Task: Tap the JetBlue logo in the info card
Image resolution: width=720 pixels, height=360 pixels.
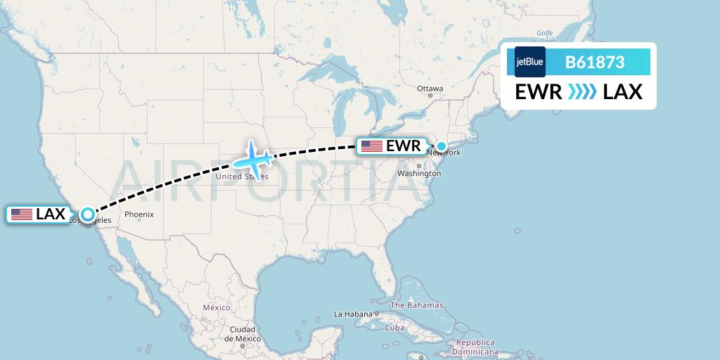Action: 529,62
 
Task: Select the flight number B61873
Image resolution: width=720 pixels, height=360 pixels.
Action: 595,62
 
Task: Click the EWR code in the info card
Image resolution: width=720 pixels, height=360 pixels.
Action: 538,91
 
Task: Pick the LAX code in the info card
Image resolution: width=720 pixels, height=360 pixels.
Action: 622,91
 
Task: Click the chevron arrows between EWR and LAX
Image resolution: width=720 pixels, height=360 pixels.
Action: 581,91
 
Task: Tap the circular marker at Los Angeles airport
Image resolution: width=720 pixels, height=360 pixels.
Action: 87,214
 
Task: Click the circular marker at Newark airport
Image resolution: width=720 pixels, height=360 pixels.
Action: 442,146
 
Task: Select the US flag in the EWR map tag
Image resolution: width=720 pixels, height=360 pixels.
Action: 372,146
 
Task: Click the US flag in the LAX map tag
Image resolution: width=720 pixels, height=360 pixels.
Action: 22,214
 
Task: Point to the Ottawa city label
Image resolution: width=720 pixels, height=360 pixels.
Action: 430,89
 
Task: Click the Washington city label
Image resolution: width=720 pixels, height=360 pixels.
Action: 415,172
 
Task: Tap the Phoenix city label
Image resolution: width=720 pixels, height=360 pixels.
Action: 139,214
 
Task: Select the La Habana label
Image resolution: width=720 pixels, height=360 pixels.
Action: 354,314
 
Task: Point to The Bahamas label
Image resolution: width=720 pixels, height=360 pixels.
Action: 417,305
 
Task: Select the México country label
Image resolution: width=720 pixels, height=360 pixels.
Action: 217,308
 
